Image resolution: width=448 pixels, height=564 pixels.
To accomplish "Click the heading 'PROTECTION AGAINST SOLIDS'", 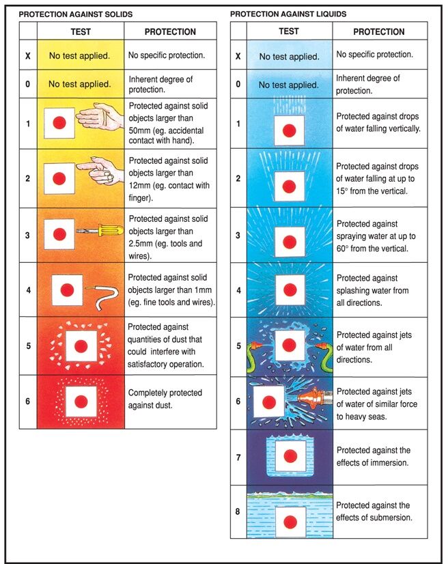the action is point(76,14).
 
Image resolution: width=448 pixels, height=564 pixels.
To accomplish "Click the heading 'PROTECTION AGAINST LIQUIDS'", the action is point(288,14).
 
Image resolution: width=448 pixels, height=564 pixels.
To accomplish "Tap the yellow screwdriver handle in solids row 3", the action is point(111,230).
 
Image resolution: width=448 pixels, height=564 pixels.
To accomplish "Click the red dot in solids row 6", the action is point(81,401).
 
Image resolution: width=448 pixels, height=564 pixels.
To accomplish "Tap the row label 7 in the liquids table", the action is point(238,457).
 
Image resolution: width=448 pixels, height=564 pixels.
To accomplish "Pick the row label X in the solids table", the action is point(28,56).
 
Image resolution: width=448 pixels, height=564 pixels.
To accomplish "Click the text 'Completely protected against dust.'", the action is point(165,399).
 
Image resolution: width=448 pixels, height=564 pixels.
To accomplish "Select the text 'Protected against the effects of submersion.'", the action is point(374,511).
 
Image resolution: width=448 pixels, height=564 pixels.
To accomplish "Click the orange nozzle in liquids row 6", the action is point(308,398).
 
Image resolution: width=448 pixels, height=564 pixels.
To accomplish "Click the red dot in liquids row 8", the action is point(290,522).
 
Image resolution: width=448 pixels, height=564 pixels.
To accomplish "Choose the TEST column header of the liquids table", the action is point(289,31).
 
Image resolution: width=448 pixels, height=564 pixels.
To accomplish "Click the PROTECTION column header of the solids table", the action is point(170,31).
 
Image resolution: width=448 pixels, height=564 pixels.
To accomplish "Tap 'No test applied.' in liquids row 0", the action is point(289,85).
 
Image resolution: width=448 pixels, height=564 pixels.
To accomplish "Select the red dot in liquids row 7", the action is point(290,456).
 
